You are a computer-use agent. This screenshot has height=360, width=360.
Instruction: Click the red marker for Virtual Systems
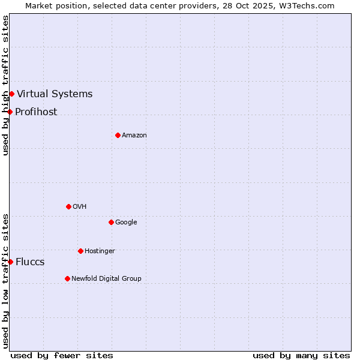[x=11, y=94]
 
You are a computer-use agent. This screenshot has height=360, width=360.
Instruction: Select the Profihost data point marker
[x=10, y=112]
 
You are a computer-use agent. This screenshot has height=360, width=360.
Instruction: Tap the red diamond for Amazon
[x=118, y=135]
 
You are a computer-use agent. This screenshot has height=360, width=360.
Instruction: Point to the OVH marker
[x=68, y=206]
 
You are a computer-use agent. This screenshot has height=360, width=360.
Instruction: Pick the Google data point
[x=111, y=222]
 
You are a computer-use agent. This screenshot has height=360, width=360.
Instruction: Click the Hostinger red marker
[x=80, y=251]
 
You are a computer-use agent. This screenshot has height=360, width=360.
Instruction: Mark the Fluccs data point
[x=10, y=262]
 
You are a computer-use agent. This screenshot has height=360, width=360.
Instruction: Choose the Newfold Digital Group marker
[x=67, y=278]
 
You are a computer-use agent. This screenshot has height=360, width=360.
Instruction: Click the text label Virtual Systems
[x=55, y=94]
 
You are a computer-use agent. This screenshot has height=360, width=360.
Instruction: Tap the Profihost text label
[x=36, y=112]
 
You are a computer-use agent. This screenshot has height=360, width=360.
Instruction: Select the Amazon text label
[x=134, y=135]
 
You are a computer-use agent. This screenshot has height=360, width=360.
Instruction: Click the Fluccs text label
[x=30, y=262]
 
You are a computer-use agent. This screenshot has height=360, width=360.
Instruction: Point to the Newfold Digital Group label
[x=106, y=278]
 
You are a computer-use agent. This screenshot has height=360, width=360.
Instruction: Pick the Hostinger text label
[x=100, y=251]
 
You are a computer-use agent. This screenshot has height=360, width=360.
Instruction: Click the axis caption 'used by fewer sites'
[x=62, y=355]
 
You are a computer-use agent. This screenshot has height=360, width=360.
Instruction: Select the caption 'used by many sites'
[x=301, y=355]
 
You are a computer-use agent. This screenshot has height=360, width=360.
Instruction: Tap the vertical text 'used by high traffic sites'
[x=5, y=85]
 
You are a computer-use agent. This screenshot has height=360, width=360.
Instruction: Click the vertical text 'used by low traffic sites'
[x=5, y=281]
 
